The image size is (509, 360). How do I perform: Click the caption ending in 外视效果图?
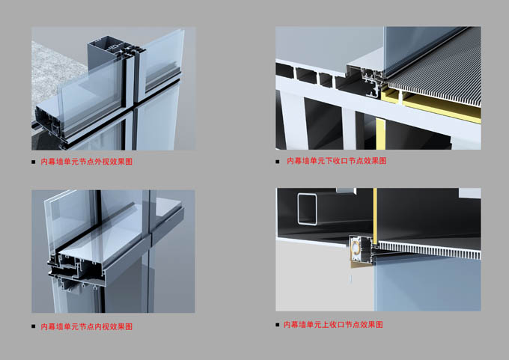pos(86,162)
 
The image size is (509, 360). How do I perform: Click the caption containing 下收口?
pos(337,161)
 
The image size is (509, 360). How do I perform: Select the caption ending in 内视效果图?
pos(86,326)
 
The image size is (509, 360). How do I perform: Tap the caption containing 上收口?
pos(333,325)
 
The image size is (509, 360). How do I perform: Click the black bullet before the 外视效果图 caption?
pos(34,162)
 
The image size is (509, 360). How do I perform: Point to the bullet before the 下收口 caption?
pos(278,162)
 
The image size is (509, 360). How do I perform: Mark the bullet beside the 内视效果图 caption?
pos(34,326)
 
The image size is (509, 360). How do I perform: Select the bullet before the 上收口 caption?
pos(277,325)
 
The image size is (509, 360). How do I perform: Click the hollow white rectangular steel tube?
pos(299,209)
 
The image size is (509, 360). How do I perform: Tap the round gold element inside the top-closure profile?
pos(356,248)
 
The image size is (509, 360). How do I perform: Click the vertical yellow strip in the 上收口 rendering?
pos(375,216)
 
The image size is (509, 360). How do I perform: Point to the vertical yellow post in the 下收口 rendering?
pos(380,134)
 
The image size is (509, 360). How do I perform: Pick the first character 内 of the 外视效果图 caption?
pos(44,162)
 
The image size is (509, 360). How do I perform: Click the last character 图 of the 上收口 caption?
pos(380,325)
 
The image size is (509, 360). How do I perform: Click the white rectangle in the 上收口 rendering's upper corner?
pos(469,193)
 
